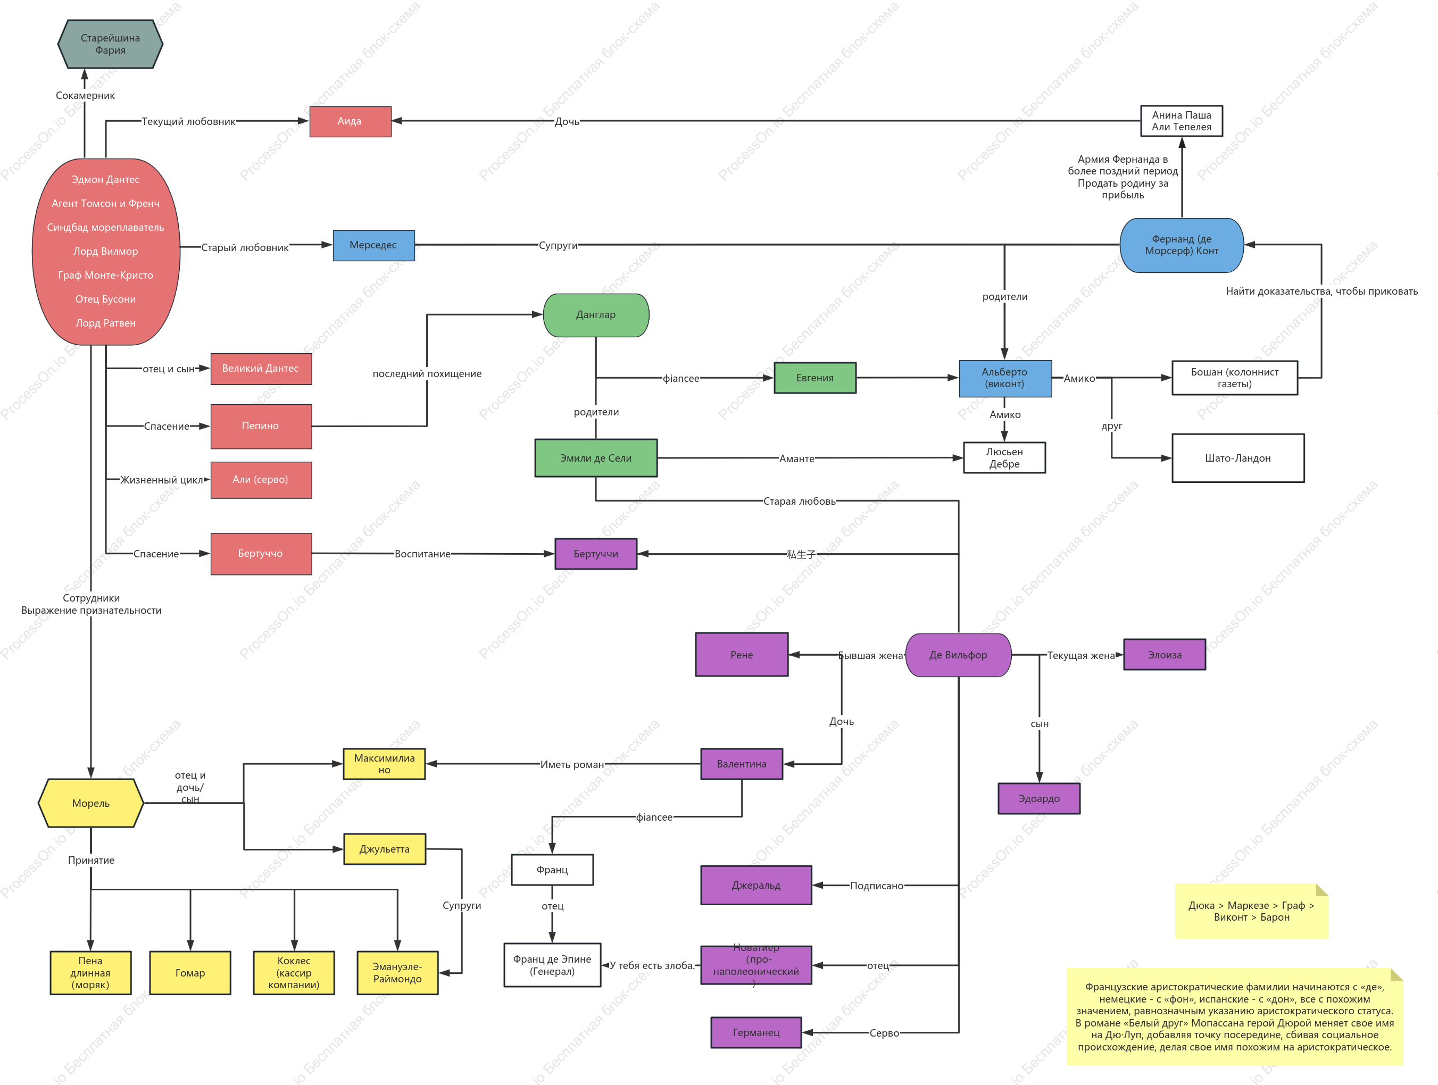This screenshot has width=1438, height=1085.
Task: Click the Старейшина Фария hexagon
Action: click(110, 44)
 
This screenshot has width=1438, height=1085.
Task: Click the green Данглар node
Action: click(595, 315)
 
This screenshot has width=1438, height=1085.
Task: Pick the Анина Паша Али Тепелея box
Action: click(1181, 121)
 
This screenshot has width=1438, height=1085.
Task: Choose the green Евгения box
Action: click(814, 378)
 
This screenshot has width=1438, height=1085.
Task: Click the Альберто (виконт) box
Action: click(1004, 378)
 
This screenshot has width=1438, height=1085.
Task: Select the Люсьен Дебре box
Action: click(1004, 457)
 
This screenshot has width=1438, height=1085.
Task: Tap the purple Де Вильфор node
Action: click(958, 655)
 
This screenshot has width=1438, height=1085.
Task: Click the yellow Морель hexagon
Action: click(91, 803)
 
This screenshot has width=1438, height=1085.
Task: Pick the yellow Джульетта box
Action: click(384, 849)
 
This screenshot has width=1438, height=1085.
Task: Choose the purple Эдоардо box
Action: click(1039, 798)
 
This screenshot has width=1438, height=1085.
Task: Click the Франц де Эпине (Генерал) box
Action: click(552, 965)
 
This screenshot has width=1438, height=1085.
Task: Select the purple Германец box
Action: click(756, 1032)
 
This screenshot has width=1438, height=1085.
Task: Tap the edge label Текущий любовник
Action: click(188, 122)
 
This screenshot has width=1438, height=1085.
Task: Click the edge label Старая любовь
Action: click(799, 501)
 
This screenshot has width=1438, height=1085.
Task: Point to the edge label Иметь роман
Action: click(572, 764)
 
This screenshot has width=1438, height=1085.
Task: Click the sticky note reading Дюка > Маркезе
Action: click(1251, 911)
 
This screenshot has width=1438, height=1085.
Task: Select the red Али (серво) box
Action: click(261, 480)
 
